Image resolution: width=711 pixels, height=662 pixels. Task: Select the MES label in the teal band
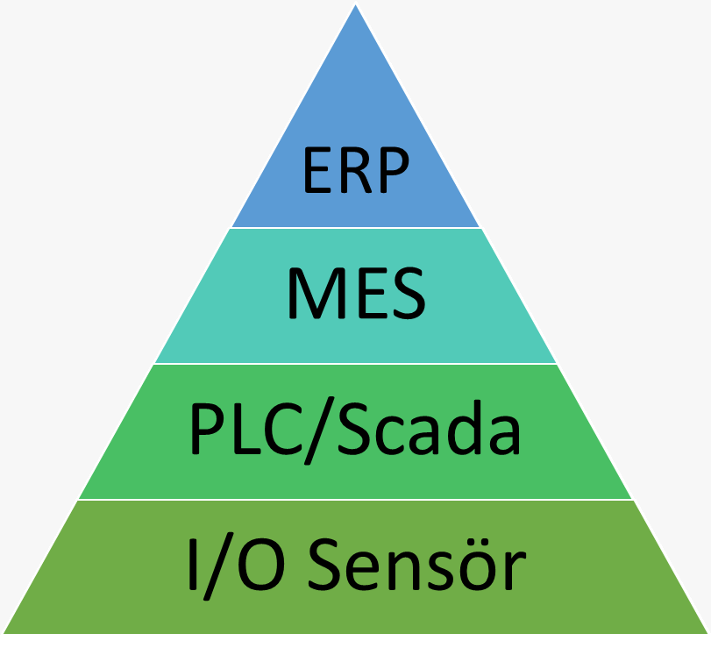tap(355, 296)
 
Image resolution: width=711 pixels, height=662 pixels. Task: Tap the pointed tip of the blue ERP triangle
tap(356, 8)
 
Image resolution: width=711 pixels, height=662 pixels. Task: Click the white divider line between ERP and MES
tap(355, 228)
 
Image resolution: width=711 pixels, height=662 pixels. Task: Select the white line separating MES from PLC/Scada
tap(355, 364)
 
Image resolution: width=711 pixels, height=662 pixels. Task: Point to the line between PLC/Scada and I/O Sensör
tap(355, 500)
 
